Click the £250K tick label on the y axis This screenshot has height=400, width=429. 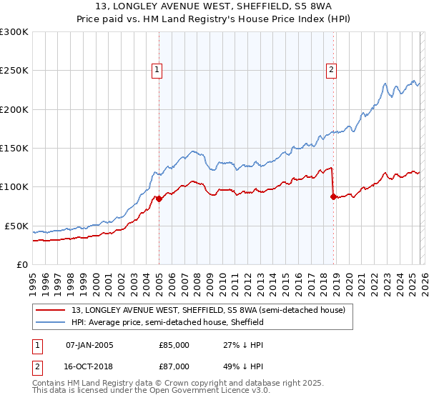pos(14,71)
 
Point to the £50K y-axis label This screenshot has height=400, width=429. pos(16,226)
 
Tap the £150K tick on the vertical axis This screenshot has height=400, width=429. pos(14,149)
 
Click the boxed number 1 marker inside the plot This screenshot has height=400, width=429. pos(157,69)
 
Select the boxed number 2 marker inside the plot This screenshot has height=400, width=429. pos(332,69)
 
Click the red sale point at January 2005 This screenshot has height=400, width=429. pos(159,199)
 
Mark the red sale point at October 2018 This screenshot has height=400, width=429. pos(333,197)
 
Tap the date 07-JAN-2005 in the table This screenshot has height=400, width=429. pos(89,345)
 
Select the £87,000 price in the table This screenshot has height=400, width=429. pos(174,366)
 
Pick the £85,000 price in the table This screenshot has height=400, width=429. pos(174,345)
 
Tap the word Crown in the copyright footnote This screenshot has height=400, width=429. pos(218,384)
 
